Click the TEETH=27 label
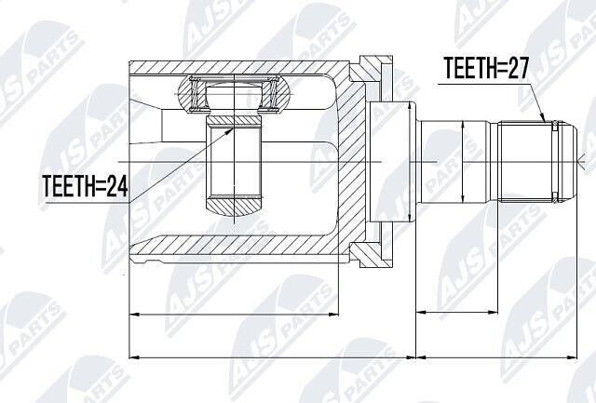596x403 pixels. (486, 68)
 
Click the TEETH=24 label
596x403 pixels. (86, 186)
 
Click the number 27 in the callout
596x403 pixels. (516, 68)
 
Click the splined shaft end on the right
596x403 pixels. (537, 161)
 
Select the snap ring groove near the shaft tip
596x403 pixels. (555, 161)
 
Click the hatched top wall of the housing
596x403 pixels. (239, 67)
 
